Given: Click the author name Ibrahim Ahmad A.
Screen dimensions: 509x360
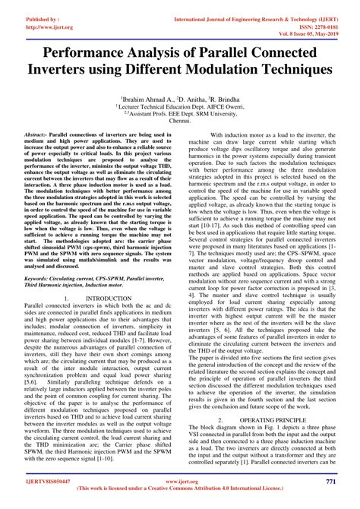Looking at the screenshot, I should coord(147,100).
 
